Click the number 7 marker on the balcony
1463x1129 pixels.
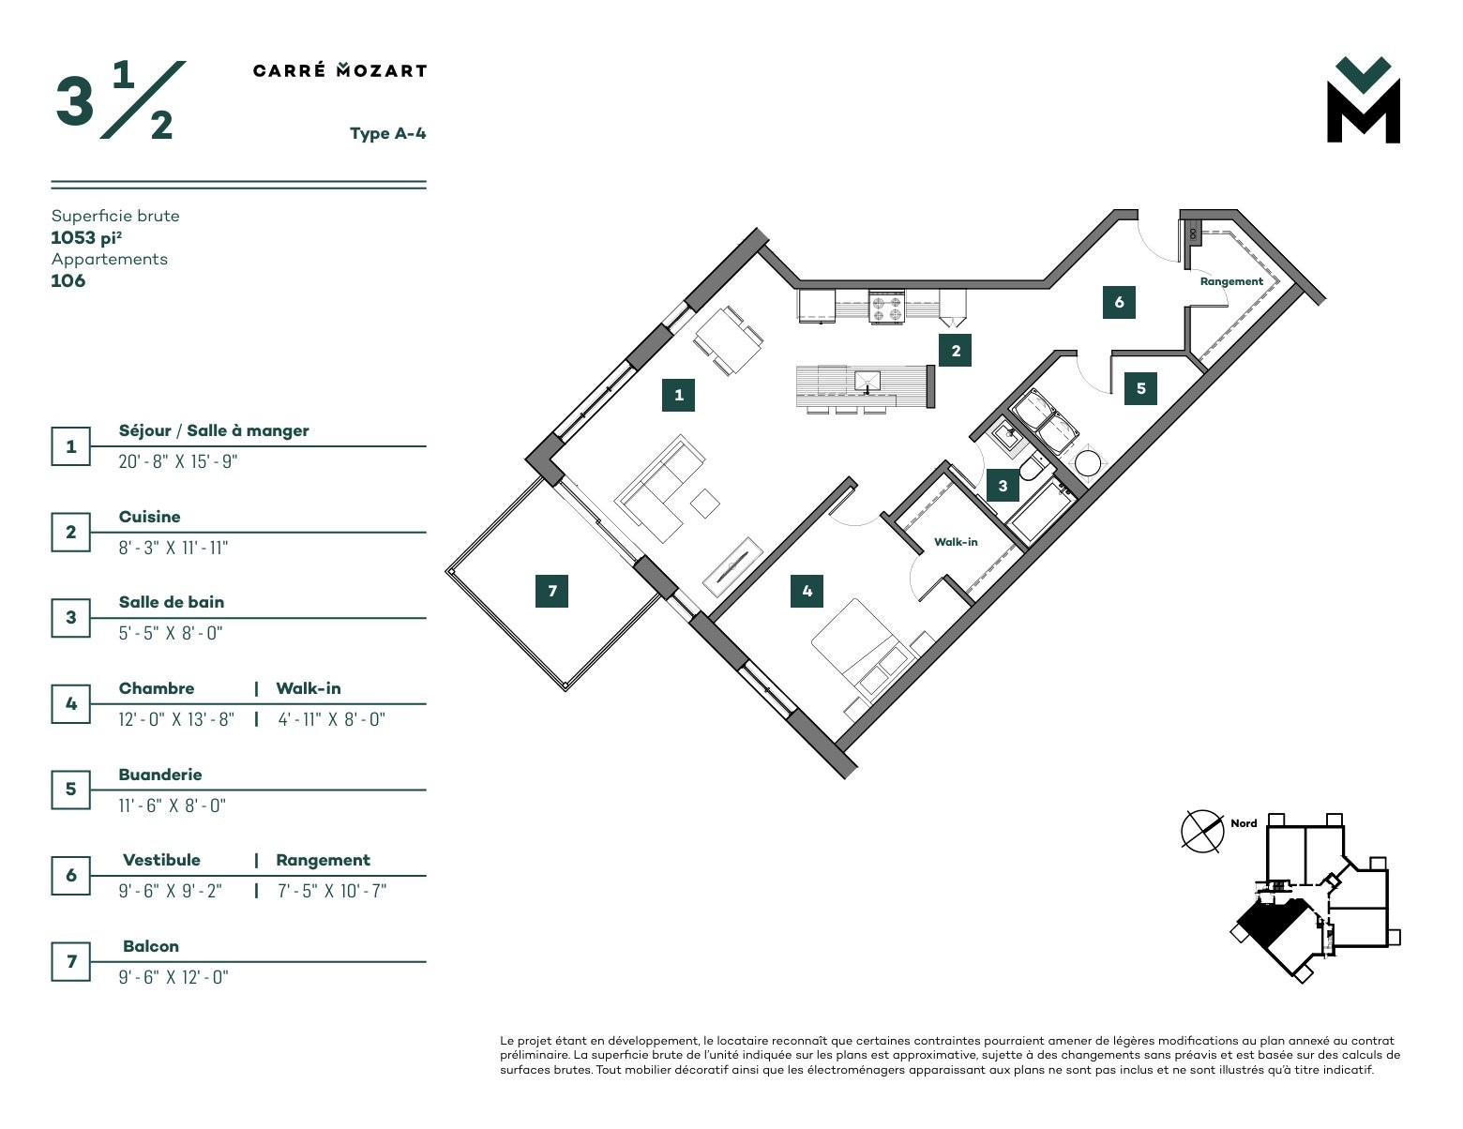(x=551, y=591)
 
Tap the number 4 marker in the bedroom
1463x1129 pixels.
(x=807, y=591)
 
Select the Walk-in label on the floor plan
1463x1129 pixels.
(x=956, y=542)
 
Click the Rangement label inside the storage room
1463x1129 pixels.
(x=1231, y=281)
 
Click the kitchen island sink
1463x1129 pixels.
(x=867, y=382)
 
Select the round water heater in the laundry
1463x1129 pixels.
(x=1087, y=464)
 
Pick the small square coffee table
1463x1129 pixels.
(x=705, y=504)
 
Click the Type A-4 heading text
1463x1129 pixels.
(x=388, y=133)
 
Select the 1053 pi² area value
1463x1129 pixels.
(x=86, y=237)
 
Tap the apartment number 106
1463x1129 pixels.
(x=68, y=280)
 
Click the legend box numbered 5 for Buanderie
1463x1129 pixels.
(x=70, y=789)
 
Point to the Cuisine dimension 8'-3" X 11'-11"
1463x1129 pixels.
(x=173, y=548)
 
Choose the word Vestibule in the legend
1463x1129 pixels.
(x=161, y=860)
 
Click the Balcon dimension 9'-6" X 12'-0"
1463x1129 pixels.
(x=173, y=977)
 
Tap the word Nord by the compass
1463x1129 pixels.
(x=1244, y=823)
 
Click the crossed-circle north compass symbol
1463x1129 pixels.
(x=1202, y=832)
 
